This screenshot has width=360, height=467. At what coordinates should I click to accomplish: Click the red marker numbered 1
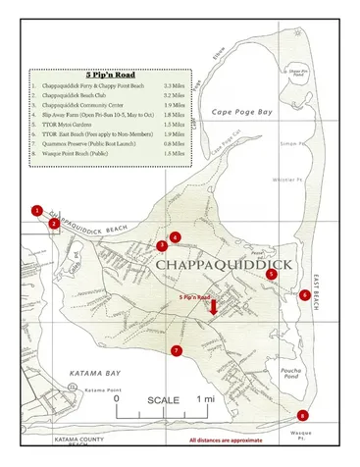(36, 210)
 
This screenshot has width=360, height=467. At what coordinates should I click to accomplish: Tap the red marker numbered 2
(53, 223)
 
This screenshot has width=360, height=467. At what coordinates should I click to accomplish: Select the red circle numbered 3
(161, 245)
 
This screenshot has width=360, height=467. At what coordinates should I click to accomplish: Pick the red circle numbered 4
(175, 236)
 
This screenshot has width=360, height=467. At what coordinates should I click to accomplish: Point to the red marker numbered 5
(272, 275)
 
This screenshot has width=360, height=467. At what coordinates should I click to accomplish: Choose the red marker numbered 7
(177, 350)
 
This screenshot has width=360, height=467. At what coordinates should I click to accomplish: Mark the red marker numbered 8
(302, 415)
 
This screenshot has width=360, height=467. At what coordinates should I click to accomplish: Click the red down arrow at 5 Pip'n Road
(213, 308)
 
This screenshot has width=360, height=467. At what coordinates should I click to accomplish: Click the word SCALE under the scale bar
(164, 400)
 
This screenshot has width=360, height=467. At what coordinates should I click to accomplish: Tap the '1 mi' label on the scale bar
(207, 400)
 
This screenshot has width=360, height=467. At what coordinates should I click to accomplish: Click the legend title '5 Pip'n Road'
(106, 75)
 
